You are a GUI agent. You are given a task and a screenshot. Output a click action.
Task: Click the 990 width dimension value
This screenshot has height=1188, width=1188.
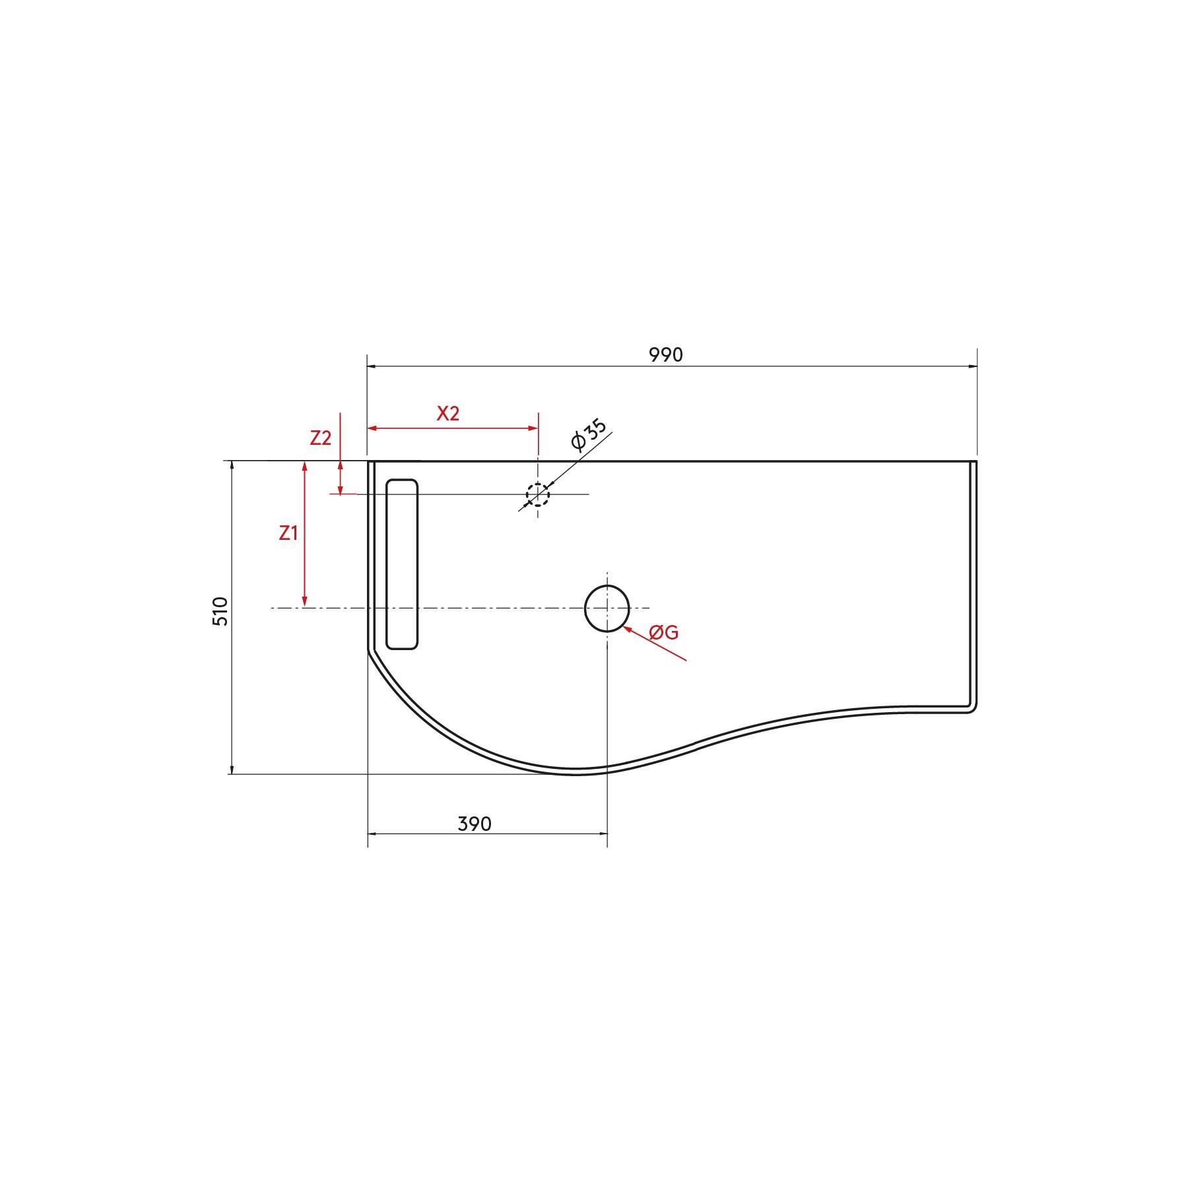click(x=665, y=355)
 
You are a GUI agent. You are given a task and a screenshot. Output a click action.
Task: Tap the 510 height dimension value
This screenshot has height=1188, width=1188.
click(x=220, y=611)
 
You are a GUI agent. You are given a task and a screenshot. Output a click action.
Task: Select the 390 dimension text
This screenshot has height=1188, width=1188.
click(x=475, y=824)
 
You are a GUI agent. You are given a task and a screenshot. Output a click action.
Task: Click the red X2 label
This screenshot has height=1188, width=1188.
click(x=447, y=414)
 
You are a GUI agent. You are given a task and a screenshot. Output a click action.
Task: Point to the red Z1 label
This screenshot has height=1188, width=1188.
click(x=288, y=533)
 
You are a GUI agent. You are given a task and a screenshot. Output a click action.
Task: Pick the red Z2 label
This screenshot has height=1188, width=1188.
click(x=320, y=438)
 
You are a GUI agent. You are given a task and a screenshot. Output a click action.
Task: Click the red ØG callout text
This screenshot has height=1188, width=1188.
click(x=663, y=632)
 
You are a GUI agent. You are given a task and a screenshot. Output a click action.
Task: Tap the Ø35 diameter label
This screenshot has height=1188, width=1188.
click(x=589, y=434)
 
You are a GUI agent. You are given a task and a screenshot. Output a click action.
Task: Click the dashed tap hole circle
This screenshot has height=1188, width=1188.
click(x=538, y=494)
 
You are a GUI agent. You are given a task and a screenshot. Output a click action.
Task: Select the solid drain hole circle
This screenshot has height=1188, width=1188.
click(x=607, y=608)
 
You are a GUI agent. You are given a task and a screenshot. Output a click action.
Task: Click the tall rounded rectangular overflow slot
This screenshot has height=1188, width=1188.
click(x=402, y=564)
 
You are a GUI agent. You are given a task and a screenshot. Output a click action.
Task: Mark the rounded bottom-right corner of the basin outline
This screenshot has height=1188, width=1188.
click(x=972, y=709)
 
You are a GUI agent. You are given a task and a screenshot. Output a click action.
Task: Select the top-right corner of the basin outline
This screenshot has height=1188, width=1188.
click(x=975, y=462)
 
